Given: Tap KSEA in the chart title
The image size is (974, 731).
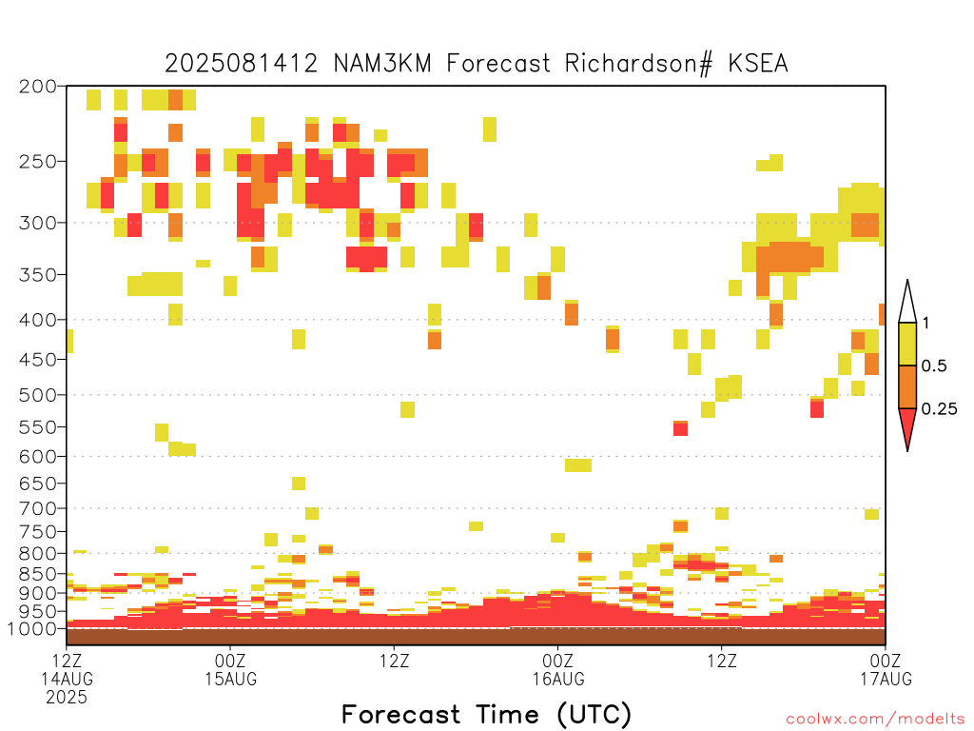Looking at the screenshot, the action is (758, 64).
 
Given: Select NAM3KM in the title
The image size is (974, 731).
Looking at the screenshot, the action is (382, 64).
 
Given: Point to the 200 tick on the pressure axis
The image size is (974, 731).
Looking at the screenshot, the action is (38, 87).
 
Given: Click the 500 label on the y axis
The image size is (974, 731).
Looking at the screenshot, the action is (38, 395).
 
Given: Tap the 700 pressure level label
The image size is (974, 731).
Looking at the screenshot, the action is (38, 508).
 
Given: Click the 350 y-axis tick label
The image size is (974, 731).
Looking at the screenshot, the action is (38, 274).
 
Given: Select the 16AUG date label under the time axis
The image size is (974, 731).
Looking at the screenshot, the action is (557, 679).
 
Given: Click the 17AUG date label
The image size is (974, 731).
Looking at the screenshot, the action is (886, 679).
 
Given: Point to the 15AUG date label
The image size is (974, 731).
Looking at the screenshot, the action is (230, 679).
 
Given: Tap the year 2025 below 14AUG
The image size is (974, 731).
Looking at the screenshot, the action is (67, 698).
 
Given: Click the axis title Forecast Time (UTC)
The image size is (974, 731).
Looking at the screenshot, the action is (486, 714).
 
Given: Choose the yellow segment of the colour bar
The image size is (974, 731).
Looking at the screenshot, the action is (907, 344).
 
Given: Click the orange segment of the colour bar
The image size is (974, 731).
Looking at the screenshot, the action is (907, 386).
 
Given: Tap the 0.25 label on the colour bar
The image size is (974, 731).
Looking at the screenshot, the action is (939, 409).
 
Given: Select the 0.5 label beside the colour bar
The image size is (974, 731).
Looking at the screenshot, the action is (934, 365).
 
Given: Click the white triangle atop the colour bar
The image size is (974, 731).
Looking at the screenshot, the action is (907, 302).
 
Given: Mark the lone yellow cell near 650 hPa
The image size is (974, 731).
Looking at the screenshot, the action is (299, 483).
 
